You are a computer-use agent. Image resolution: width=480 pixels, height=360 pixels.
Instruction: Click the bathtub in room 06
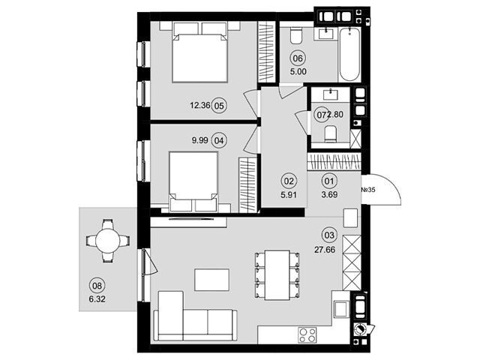[x=349, y=54]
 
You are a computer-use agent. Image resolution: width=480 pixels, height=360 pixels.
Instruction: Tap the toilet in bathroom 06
[x=296, y=35]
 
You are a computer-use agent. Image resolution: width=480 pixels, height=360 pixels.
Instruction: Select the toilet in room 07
[x=330, y=133]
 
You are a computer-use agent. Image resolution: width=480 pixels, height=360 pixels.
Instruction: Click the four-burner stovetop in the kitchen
[x=307, y=335]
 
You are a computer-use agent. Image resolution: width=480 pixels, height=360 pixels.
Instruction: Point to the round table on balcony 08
[x=108, y=240]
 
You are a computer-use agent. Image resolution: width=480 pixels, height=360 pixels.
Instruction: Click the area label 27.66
[x=325, y=250]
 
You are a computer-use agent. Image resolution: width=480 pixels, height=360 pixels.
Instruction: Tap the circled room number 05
[x=220, y=106]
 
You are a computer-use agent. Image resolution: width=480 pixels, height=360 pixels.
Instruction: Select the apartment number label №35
[x=368, y=190]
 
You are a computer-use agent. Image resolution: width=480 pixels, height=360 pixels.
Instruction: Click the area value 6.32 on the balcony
[x=97, y=299]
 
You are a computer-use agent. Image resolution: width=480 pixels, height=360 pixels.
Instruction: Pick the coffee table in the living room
[x=211, y=280]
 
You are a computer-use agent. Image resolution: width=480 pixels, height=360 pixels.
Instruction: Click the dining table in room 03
[x=277, y=275]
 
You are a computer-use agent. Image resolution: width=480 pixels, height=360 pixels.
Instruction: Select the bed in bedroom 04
[x=193, y=181]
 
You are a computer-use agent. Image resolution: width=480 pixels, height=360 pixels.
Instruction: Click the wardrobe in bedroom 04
[x=247, y=184]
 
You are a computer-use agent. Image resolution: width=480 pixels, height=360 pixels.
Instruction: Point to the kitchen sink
[x=341, y=309]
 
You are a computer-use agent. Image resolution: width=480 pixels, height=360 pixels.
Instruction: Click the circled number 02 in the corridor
[x=289, y=181]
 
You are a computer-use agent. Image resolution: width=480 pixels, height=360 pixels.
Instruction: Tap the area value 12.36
[x=200, y=106]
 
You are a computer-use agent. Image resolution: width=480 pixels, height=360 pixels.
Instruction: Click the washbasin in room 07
[x=330, y=94]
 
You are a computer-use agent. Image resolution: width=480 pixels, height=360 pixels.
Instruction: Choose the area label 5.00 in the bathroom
[x=298, y=72]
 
